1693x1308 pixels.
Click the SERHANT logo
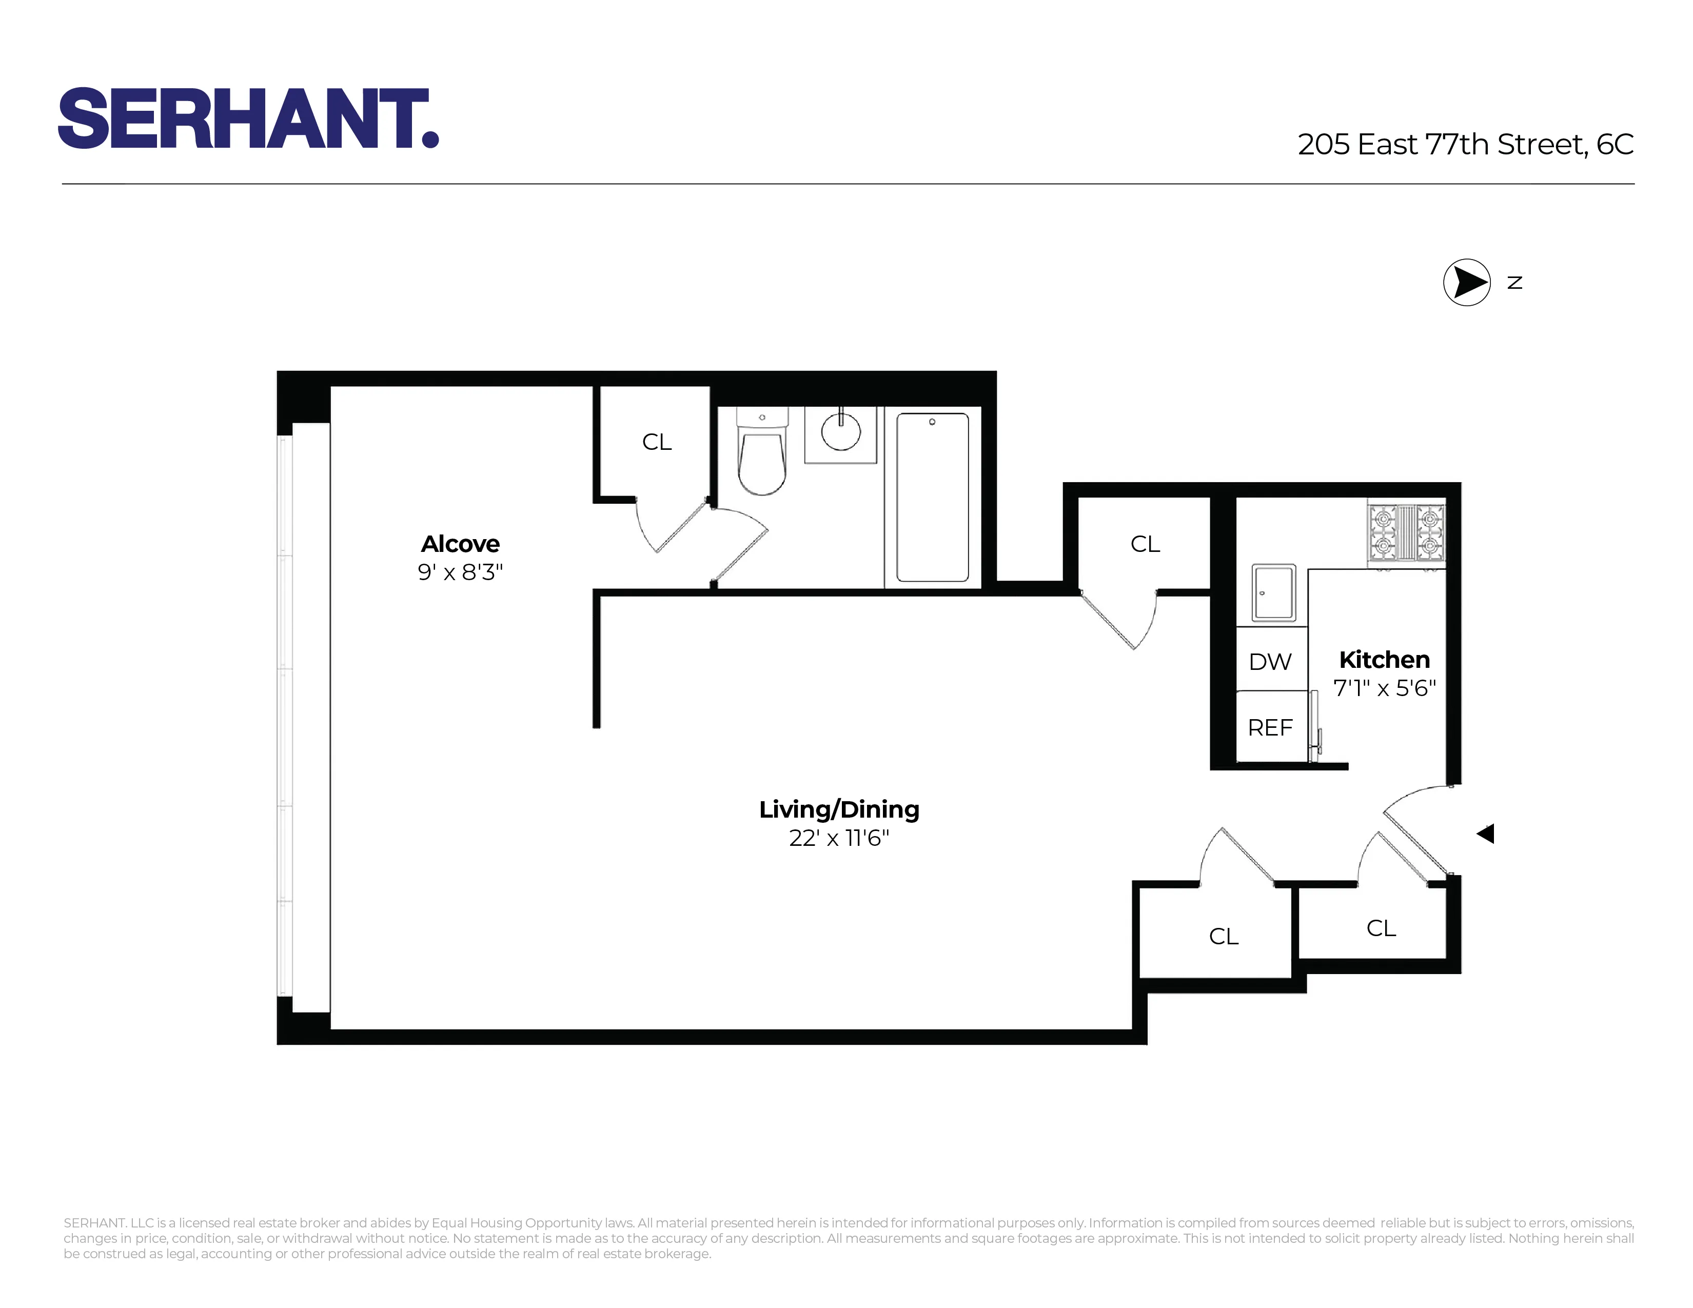(x=248, y=118)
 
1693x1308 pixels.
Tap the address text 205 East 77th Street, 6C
(x=1465, y=145)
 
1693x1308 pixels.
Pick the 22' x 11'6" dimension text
(x=839, y=839)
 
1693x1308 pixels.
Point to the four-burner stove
(x=1406, y=533)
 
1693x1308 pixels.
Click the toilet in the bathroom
(x=762, y=457)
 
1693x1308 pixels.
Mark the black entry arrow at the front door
(x=1485, y=834)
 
